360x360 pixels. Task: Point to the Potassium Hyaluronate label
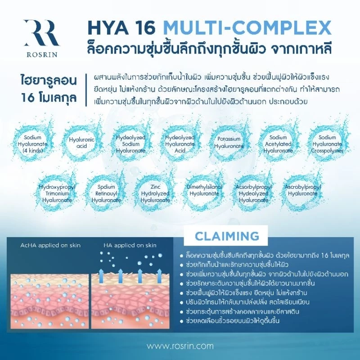click(x=229, y=142)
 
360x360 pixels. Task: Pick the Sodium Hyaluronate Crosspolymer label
click(x=327, y=144)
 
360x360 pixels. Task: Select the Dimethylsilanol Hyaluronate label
click(x=204, y=190)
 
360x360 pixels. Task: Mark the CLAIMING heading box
click(x=227, y=236)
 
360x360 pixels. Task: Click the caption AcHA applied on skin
click(x=50, y=245)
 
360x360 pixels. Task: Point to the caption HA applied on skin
click(x=130, y=245)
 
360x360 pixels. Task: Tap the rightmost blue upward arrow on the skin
click(x=159, y=276)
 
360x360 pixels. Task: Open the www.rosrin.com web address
click(x=180, y=346)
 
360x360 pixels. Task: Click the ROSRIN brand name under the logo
click(x=42, y=54)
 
